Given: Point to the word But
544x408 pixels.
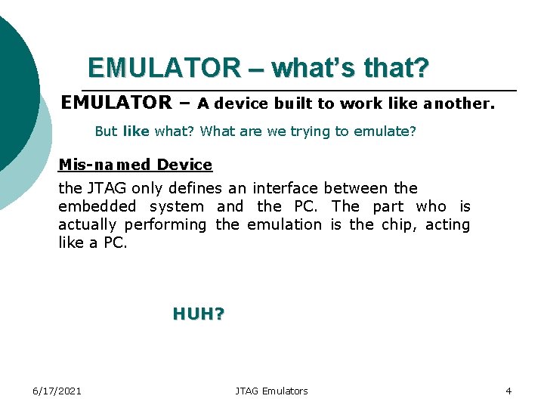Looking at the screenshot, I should [x=106, y=131].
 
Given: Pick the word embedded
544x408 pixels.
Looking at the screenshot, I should [x=97, y=206].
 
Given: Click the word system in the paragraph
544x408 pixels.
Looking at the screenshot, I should [x=177, y=206].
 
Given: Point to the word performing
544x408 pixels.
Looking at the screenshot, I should [x=165, y=224].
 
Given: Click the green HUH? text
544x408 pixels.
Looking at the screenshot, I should [x=199, y=314].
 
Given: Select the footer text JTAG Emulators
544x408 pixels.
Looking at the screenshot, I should [x=271, y=391].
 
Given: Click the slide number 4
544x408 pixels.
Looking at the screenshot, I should [x=508, y=391].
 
